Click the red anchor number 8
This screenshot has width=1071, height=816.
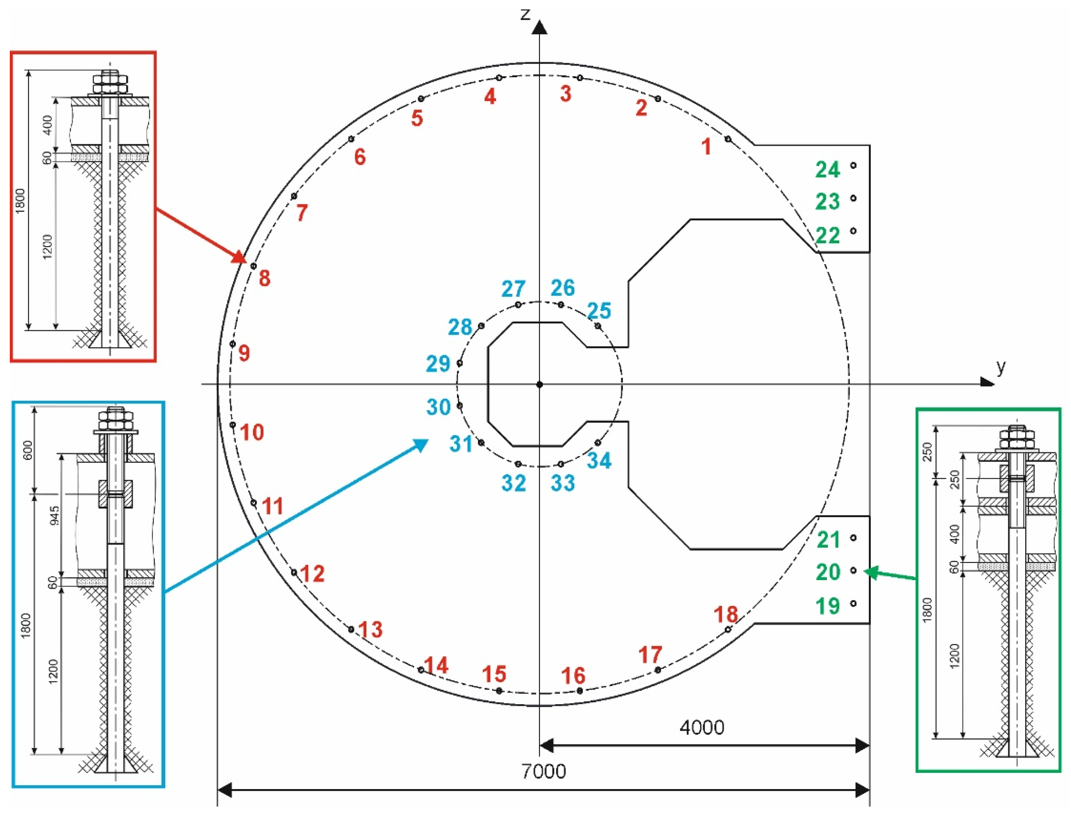coord(264,278)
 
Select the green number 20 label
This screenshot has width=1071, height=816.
coord(827,572)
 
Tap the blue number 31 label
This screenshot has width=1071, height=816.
coord(461,444)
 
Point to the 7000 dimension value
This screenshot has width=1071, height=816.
coord(543,771)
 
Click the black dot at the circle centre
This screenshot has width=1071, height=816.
coord(539,385)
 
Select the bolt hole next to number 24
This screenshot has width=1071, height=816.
coord(853,166)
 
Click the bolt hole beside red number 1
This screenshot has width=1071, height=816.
coord(728,139)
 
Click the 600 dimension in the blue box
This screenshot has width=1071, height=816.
coord(28,450)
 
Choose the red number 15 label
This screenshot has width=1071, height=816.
coord(494,674)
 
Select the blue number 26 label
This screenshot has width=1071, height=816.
coord(562,288)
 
